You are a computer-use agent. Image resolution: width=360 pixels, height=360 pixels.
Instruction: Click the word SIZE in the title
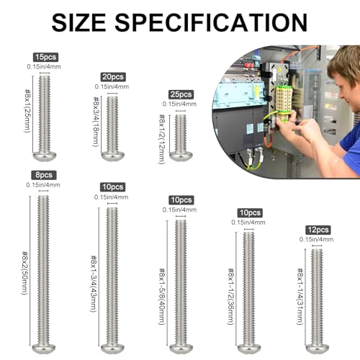pos(78,22)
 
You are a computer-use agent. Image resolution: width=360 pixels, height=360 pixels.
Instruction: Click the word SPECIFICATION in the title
pos(211,22)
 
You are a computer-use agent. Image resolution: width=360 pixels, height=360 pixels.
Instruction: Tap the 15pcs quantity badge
pos(45,57)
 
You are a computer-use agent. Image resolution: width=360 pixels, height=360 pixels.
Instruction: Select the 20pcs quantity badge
pos(113,77)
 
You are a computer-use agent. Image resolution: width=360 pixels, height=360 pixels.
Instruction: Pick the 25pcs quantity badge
pos(181,94)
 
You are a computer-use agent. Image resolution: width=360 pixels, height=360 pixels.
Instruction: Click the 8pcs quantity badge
pos(44,175)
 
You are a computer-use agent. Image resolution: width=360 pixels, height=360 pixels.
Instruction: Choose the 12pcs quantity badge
pos(318,230)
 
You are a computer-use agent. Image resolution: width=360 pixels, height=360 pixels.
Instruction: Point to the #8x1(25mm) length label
pos(28,111)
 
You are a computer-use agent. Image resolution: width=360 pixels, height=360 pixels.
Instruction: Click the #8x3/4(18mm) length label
pos(96,122)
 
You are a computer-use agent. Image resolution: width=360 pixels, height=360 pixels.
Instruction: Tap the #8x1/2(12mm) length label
pos(162,139)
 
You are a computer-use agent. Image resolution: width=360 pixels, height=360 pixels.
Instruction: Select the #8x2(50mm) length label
pos(25,273)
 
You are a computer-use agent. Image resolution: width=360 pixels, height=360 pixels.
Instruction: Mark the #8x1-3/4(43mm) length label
pos(94,284)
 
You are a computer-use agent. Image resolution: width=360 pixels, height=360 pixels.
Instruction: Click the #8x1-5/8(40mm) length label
pos(162,297)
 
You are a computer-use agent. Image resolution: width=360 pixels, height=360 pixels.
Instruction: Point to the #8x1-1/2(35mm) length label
pos(231,297)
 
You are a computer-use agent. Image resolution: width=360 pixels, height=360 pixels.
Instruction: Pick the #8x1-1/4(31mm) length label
pos(300,297)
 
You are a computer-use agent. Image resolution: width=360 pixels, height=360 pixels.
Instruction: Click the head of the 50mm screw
pos(44,348)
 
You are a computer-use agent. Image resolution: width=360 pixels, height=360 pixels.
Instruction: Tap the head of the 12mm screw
pos(181,156)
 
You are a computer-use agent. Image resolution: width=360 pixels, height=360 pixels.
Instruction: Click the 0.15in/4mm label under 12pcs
pos(316,239)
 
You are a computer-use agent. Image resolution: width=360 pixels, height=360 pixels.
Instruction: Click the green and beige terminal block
pos(284,103)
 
